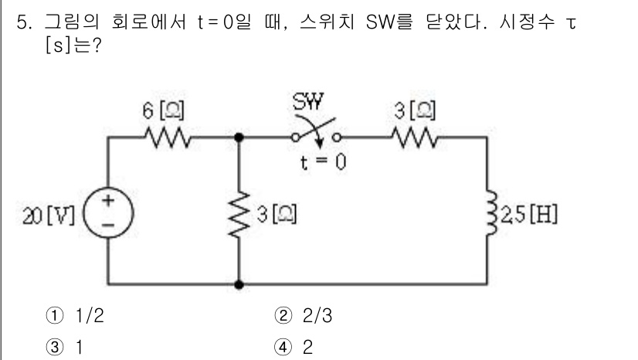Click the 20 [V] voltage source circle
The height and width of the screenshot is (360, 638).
(108, 212)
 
